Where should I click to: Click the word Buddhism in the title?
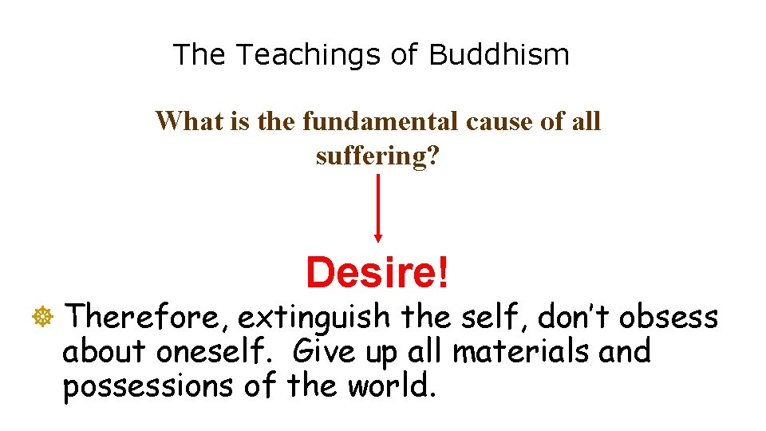click(499, 55)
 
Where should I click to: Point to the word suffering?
click(377, 156)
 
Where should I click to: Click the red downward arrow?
click(378, 208)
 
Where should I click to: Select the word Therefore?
click(149, 317)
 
